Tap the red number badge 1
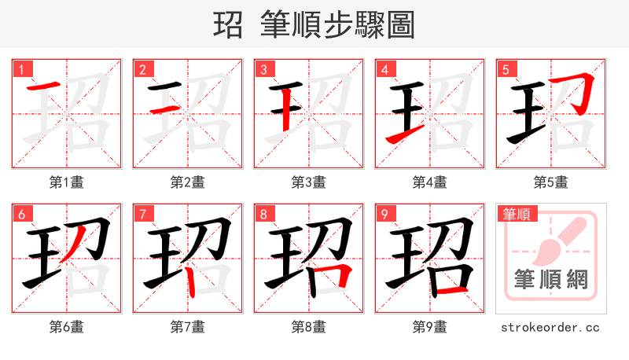(21, 70)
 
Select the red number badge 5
(506, 70)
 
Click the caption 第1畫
(67, 182)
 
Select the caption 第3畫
(309, 182)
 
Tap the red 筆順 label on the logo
(515, 214)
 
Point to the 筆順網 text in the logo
(551, 278)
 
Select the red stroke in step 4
(403, 137)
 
